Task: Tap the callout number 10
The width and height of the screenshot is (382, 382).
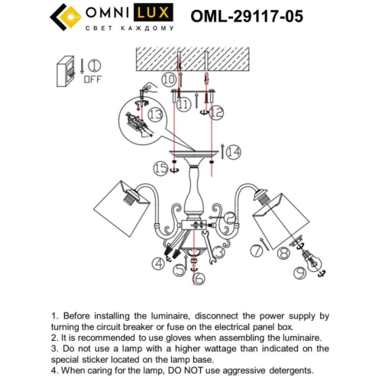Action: [x=168, y=79]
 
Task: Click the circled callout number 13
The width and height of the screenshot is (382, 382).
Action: [x=155, y=114]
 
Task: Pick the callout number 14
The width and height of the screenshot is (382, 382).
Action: [x=233, y=153]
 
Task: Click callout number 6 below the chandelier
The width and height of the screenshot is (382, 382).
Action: [x=199, y=278]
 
